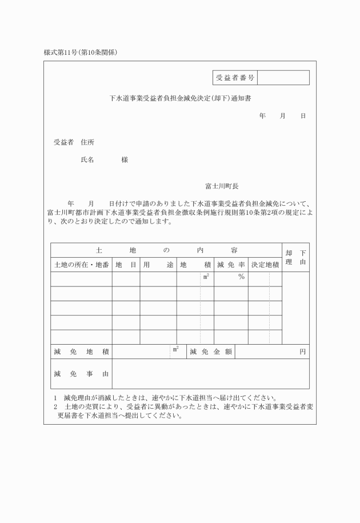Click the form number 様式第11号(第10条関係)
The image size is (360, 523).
tap(85, 53)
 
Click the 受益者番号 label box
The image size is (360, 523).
tap(235, 78)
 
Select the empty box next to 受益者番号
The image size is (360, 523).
tap(283, 78)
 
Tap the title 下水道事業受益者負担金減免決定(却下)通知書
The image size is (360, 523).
tap(180, 98)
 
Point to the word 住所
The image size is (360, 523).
tap(87, 142)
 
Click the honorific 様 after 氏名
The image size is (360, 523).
tap(125, 160)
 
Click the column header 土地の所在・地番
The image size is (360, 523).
tap(81, 265)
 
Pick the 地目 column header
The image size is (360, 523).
tap(126, 265)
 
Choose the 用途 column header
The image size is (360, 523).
tap(158, 265)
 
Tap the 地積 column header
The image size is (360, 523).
tap(195, 265)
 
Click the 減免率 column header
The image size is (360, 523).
tap(231, 265)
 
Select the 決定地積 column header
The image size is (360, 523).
tap(265, 265)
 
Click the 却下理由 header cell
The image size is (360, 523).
tap(296, 257)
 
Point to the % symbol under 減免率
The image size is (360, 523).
tap(241, 277)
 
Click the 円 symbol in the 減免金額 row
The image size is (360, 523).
tap(303, 352)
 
